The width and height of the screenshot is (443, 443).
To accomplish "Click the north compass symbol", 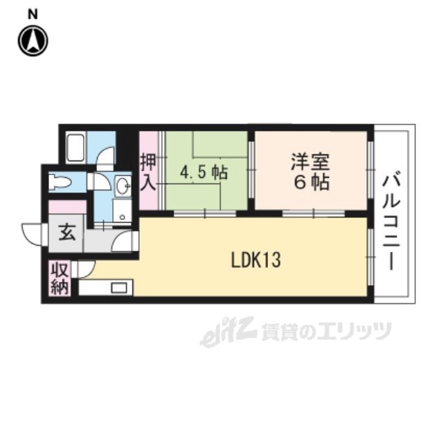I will tap(33, 40).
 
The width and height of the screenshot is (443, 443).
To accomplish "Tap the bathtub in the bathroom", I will tap(75, 147).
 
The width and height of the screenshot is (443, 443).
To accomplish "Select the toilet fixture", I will tap(61, 183).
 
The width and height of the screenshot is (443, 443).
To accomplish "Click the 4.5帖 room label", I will tap(204, 172).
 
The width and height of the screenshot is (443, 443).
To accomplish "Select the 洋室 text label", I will tap(310, 163).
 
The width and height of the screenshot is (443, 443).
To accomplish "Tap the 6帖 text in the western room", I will tap(310, 183).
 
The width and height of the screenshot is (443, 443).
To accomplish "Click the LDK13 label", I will tap(255, 260).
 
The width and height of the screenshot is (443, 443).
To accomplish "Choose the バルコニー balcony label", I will tap(392, 214).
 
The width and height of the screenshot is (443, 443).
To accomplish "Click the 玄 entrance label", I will tap(66, 233).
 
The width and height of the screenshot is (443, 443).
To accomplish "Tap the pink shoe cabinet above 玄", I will tap(67, 206).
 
